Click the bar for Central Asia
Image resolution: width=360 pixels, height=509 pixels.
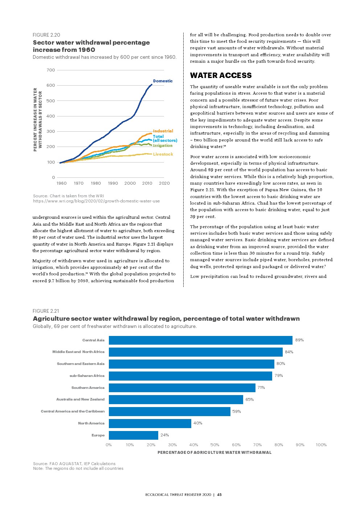coord(200,340)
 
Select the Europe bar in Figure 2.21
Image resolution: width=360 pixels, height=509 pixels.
coord(133,435)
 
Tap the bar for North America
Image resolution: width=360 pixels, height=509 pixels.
coord(150,423)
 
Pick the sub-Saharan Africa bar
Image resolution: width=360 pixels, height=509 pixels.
coord(190,376)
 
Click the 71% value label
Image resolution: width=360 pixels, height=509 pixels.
coord(261,387)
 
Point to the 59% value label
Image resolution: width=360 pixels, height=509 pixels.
coord(237,411)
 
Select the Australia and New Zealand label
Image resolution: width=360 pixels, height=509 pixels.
coord(80,399)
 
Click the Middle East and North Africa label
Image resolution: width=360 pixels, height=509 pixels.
coord(78,352)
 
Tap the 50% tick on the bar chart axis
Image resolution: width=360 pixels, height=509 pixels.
coord(215,445)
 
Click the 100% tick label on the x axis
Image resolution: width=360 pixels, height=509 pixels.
coord(321,445)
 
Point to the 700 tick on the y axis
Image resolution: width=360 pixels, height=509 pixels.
coord(51,70)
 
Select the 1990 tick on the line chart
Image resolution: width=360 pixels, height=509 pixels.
coord(113,183)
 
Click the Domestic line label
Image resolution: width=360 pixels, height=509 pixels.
coord(163,81)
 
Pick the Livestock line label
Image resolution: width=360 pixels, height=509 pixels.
coord(163,154)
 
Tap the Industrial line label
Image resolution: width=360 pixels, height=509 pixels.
coord(163,131)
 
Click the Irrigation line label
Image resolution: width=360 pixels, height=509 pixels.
coord(163,145)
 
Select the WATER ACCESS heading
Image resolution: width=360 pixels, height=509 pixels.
coord(221,75)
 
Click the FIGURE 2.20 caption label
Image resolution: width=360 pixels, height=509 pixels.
coord(46,35)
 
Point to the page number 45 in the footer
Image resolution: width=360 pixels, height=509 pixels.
coord(220,494)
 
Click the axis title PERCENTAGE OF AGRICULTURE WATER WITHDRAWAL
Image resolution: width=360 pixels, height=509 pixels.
coord(214,452)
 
